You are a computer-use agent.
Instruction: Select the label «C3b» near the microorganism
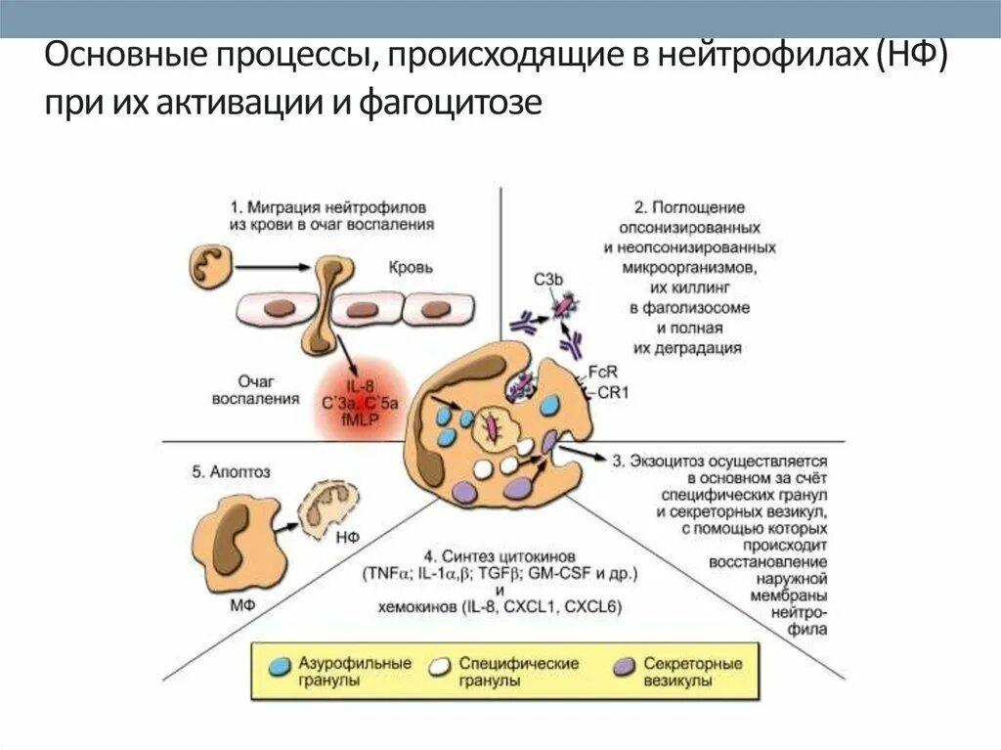coord(548,281)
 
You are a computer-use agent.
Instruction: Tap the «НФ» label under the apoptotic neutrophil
coord(348,536)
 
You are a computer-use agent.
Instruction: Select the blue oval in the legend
coord(279,665)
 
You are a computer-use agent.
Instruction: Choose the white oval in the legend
coord(440,665)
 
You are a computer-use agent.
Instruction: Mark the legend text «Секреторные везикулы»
coord(692,672)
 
